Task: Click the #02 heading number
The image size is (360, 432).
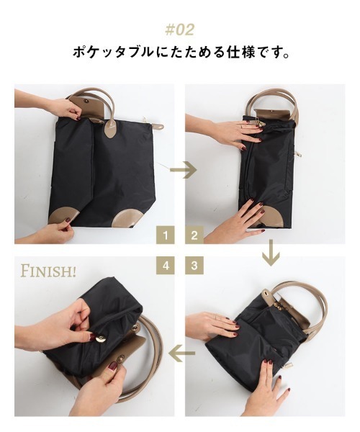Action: pyautogui.click(x=179, y=30)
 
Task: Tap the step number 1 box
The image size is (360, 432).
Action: pyautogui.click(x=166, y=235)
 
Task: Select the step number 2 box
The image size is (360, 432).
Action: pyautogui.click(x=194, y=235)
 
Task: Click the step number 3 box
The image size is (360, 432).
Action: pyautogui.click(x=194, y=266)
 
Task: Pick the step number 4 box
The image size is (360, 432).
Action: pyautogui.click(x=166, y=266)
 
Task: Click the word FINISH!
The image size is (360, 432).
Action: pyautogui.click(x=48, y=271)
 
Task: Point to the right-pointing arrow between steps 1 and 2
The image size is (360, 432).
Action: pyautogui.click(x=183, y=170)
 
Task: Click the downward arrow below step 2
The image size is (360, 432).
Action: pyautogui.click(x=271, y=253)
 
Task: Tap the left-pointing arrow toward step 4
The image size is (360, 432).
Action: pyautogui.click(x=182, y=353)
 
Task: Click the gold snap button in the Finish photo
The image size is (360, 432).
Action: pyautogui.click(x=99, y=338)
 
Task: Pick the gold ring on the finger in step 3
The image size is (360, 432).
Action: pyautogui.click(x=215, y=317)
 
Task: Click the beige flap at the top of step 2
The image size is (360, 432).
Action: pyautogui.click(x=271, y=114)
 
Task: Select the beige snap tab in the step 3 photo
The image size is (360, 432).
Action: pyautogui.click(x=267, y=296)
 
